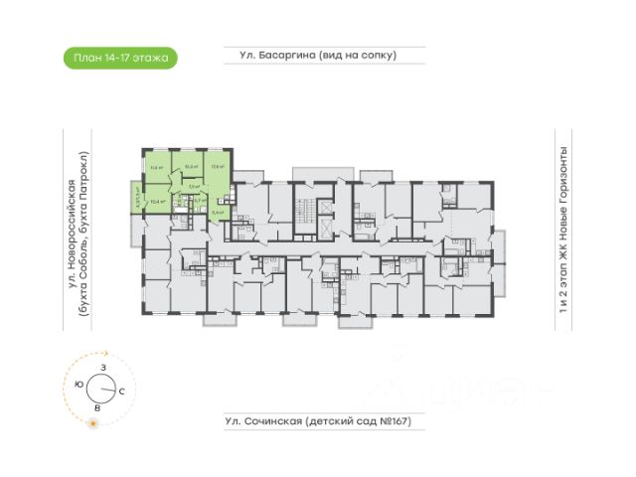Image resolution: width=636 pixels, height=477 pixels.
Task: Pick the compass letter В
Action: pos(96,407)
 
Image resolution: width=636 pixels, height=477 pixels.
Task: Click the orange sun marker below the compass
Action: pos(92,424)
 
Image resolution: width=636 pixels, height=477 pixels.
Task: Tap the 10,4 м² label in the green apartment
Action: pos(155,202)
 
